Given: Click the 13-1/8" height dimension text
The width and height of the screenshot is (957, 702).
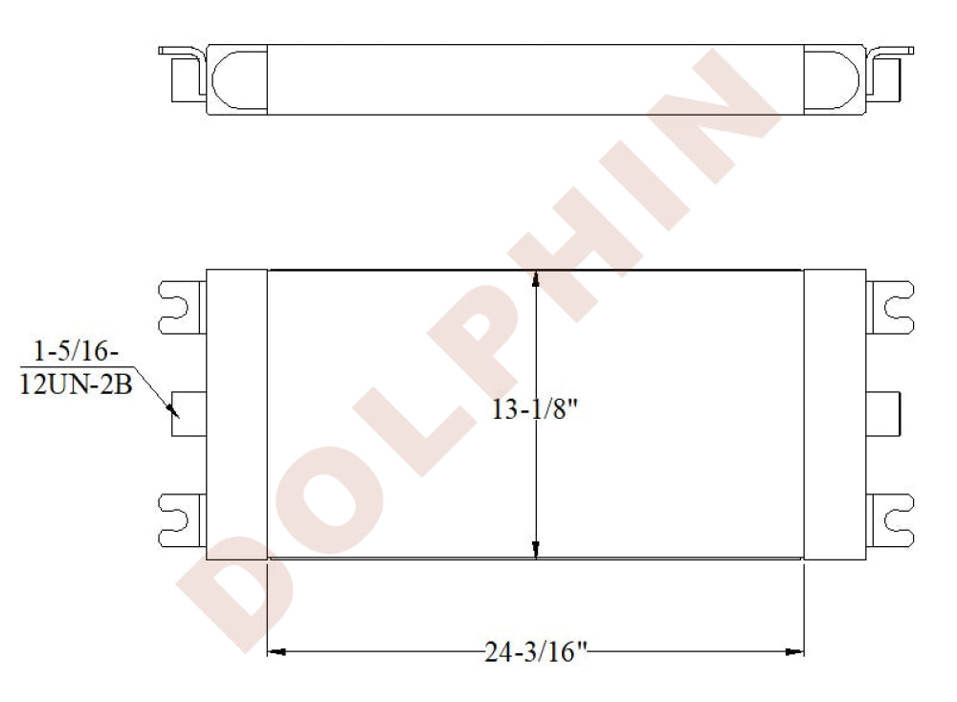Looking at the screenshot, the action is (535, 408).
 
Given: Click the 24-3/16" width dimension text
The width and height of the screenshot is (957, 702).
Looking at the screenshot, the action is (535, 652).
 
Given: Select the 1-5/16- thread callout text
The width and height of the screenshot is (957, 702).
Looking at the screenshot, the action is (76, 351).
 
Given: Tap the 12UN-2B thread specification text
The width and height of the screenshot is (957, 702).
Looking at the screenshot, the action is (77, 384).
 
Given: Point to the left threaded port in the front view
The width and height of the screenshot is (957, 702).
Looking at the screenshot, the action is (189, 414).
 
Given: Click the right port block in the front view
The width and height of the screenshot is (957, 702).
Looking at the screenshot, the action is (883, 414).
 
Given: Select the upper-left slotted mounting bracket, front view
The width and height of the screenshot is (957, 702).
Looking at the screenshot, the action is (182, 307).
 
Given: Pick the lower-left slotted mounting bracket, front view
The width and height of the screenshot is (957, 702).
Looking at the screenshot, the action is (182, 520).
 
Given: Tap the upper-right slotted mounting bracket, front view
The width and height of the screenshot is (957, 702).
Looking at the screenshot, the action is (890, 307).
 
